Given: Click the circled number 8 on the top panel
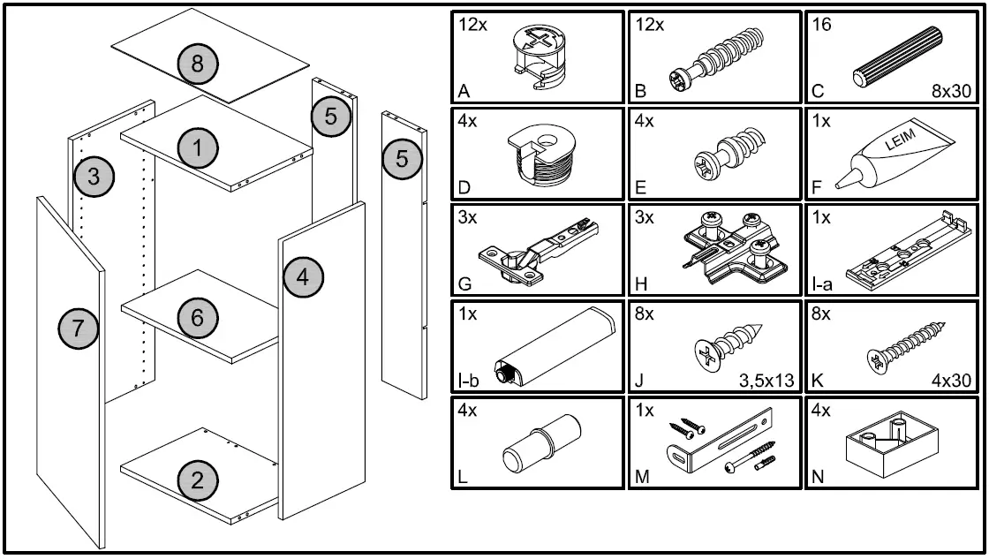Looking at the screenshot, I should pyautogui.click(x=197, y=64).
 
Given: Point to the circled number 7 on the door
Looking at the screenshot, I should pyautogui.click(x=79, y=329).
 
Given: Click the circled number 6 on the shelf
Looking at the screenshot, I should pyautogui.click(x=197, y=317).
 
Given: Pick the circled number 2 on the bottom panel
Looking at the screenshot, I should pyautogui.click(x=197, y=480).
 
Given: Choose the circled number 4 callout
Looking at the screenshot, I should pyautogui.click(x=303, y=277).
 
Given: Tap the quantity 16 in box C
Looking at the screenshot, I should pyautogui.click(x=821, y=24).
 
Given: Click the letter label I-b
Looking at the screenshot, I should pyautogui.click(x=469, y=381).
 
